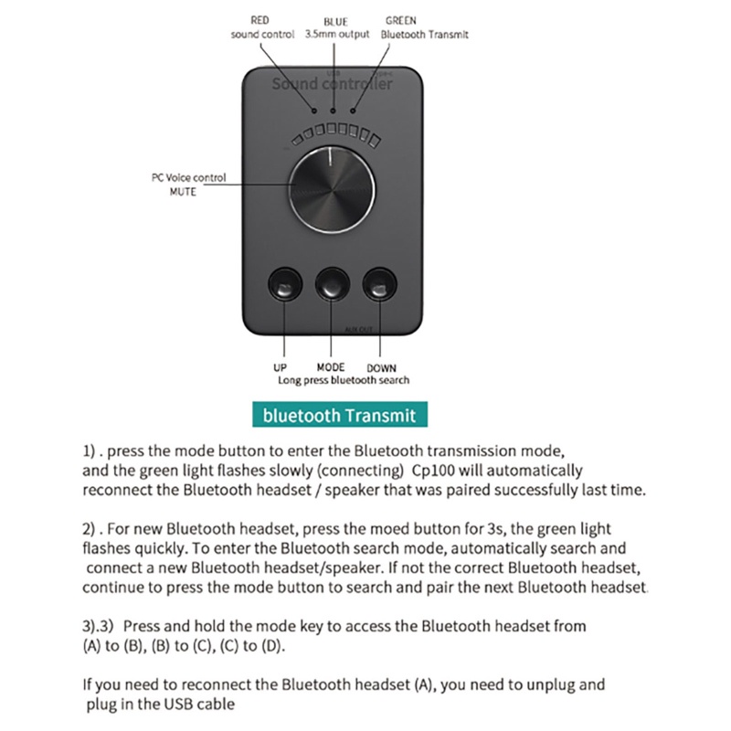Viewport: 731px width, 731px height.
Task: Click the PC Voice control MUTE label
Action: point(188,184)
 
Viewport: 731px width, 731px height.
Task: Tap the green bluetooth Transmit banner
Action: point(339,416)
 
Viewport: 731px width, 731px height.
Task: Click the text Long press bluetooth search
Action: point(344,379)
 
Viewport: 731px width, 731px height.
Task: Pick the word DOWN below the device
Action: point(382,368)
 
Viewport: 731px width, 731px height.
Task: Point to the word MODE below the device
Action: point(330,367)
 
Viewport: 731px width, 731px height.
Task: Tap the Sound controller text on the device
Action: point(333,84)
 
